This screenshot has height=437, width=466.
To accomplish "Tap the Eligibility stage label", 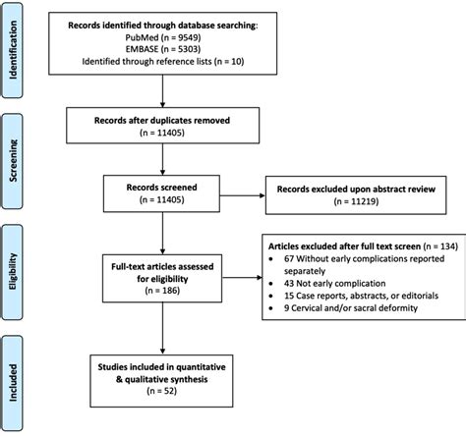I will [x=16, y=267].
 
